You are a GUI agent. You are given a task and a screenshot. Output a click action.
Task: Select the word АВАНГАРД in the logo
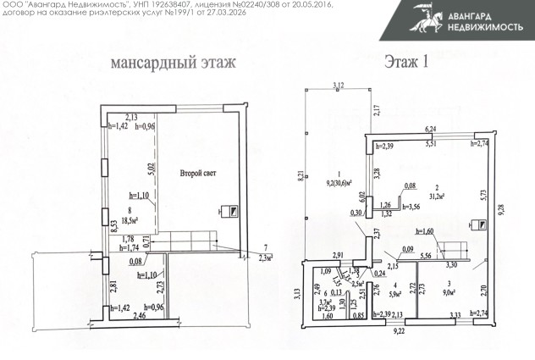click(483, 13)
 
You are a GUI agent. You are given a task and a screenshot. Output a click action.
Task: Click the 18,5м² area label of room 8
click(130, 219)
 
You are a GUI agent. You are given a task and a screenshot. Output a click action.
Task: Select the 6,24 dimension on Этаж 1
click(429, 128)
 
